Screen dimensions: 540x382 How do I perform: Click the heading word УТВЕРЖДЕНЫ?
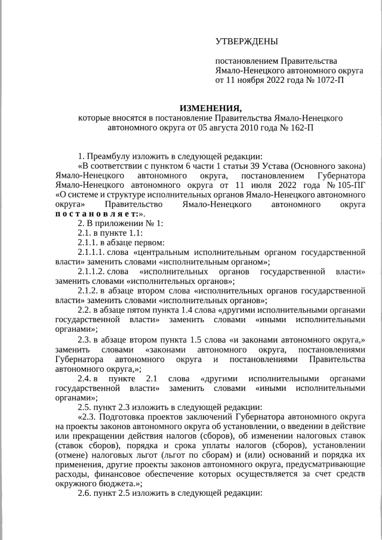click(247, 41)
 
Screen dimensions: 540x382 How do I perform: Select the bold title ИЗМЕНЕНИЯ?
click(210, 108)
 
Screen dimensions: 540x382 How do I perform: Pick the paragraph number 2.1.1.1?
click(91, 252)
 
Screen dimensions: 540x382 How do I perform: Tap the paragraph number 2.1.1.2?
click(91, 272)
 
